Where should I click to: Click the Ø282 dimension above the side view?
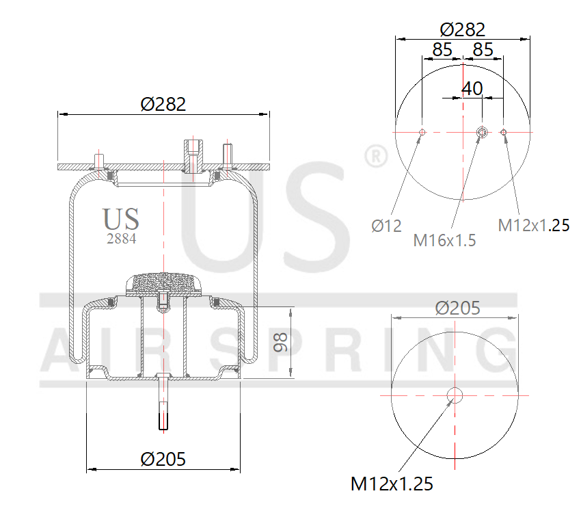pyautogui.click(x=163, y=104)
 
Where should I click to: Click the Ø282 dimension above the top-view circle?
pyautogui.click(x=463, y=29)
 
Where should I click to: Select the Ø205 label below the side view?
pyautogui.click(x=163, y=459)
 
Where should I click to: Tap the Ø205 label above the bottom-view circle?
pyautogui.click(x=458, y=308)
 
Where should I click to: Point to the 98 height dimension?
pyautogui.click(x=280, y=343)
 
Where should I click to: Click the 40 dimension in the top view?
pyautogui.click(x=472, y=88)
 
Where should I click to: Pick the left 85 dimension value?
pyautogui.click(x=442, y=49)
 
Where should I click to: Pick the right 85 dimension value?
pyautogui.click(x=483, y=49)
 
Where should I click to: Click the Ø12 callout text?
pyautogui.click(x=386, y=226)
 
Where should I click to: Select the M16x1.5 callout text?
pyautogui.click(x=444, y=240)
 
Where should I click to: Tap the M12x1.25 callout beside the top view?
pyautogui.click(x=533, y=225)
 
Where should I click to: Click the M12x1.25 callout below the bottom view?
pyautogui.click(x=392, y=484)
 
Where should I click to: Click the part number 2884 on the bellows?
pyautogui.click(x=121, y=239)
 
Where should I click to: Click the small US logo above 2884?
pyautogui.click(x=121, y=220)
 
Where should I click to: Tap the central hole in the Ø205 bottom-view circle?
pyautogui.click(x=455, y=395)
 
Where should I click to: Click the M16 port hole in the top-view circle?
pyautogui.click(x=481, y=132)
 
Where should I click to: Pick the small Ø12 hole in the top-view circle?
pyautogui.click(x=422, y=132)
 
